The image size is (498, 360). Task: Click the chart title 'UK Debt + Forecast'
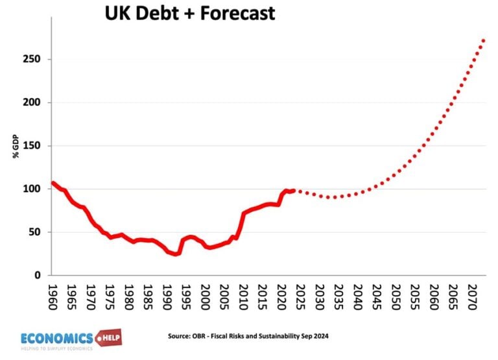(x=190, y=12)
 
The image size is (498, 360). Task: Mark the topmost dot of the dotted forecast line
(x=484, y=40)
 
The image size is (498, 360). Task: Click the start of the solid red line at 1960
(x=53, y=183)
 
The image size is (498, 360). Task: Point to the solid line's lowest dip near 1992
(x=175, y=254)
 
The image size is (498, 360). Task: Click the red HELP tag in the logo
(x=108, y=338)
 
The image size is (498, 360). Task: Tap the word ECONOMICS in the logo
(x=57, y=337)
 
